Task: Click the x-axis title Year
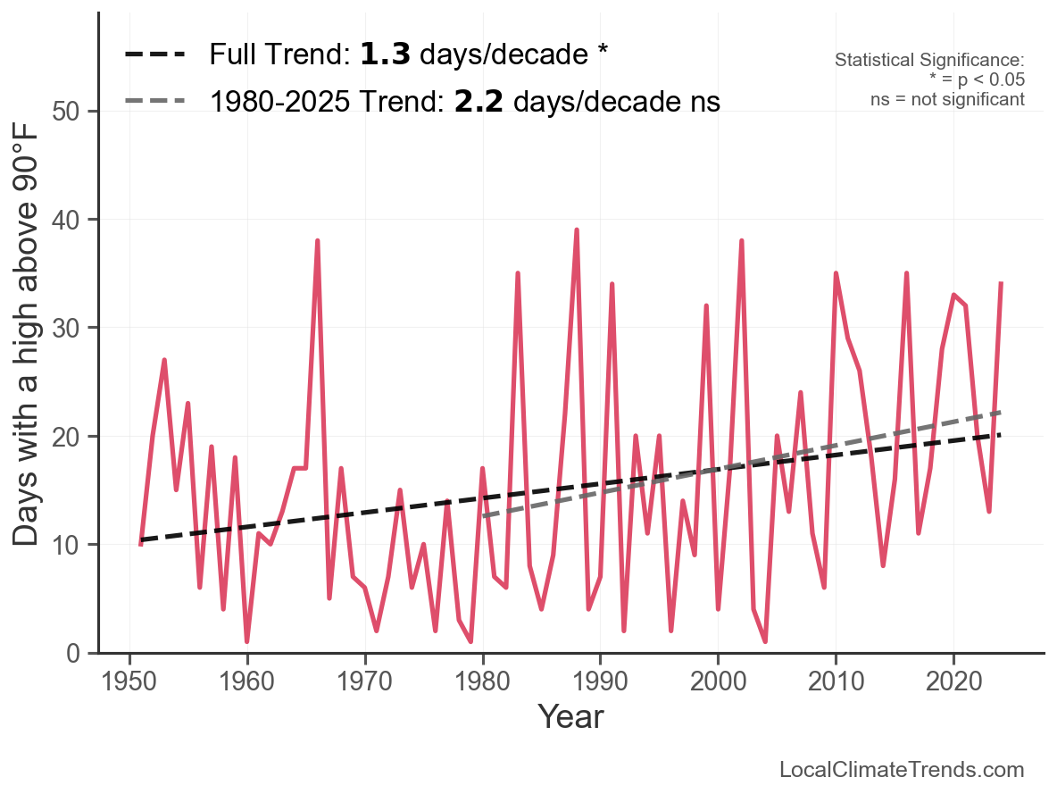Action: (570, 716)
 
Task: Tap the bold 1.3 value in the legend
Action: (385, 54)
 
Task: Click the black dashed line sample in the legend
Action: (155, 54)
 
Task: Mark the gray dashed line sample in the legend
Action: (155, 101)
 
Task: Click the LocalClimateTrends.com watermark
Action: (902, 770)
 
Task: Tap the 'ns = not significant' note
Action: (947, 99)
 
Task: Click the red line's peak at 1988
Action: (577, 230)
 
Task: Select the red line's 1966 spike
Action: (317, 241)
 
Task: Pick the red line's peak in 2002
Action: (741, 241)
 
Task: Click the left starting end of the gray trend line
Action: (483, 516)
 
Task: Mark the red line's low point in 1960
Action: (246, 641)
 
